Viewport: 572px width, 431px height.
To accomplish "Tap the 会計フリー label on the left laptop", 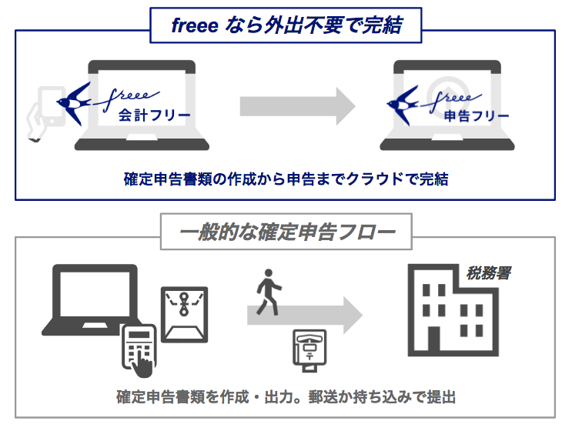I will pos(145,117).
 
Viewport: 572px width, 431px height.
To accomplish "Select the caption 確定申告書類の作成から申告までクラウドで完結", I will pos(286,179).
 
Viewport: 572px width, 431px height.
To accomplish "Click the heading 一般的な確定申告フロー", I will pos(286,232).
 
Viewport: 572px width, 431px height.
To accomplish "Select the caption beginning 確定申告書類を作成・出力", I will pos(286,398).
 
